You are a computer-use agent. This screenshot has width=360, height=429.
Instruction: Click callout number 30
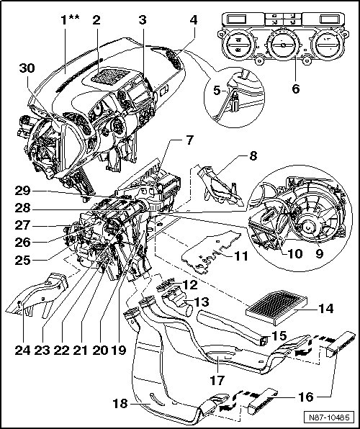pos(27,68)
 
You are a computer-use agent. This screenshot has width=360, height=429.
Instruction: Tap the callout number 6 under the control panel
pos(296,89)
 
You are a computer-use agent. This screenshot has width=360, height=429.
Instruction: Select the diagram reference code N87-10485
pos(329,417)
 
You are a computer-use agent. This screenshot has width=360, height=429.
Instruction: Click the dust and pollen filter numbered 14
pos(276,307)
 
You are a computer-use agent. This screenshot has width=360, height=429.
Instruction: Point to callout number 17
pos(217,380)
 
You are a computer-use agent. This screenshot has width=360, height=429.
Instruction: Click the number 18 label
pos(120,403)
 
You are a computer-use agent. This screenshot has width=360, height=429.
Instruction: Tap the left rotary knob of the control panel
pos(238,45)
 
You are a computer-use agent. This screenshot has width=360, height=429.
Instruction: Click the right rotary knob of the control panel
pos(327,45)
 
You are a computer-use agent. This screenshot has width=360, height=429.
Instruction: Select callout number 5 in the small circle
pos(217,90)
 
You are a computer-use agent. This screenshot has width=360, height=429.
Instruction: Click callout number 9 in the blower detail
pos(319,253)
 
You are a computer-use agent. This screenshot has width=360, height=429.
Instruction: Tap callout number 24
pos(22,350)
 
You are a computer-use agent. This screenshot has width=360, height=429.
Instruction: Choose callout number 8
pos(253,156)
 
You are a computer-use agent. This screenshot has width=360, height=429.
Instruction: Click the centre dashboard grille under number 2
pos(110,76)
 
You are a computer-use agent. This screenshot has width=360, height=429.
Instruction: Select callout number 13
pos(202,302)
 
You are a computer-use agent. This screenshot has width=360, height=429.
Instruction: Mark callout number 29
pos(22,191)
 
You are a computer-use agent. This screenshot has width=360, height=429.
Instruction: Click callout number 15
pos(279,335)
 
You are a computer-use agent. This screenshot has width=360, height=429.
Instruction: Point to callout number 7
pos(190,140)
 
